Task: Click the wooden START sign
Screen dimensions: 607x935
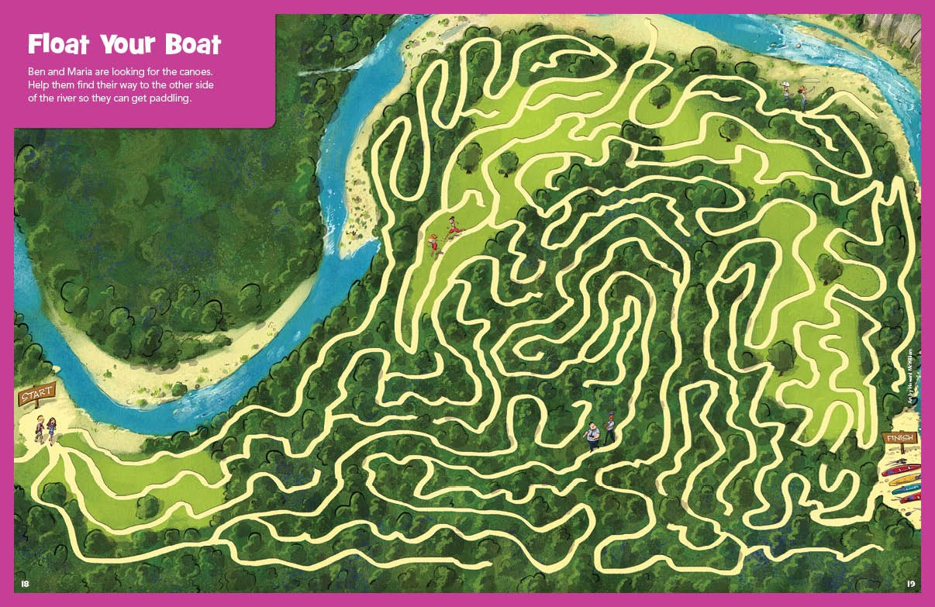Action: click(36, 396)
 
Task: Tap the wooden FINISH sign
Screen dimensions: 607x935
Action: click(899, 439)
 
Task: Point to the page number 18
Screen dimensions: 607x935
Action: click(25, 583)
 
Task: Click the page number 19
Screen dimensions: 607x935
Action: click(911, 583)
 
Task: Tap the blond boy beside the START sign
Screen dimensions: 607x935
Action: click(39, 427)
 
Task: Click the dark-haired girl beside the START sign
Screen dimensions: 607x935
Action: click(52, 427)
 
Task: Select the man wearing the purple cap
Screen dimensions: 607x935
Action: click(610, 427)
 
